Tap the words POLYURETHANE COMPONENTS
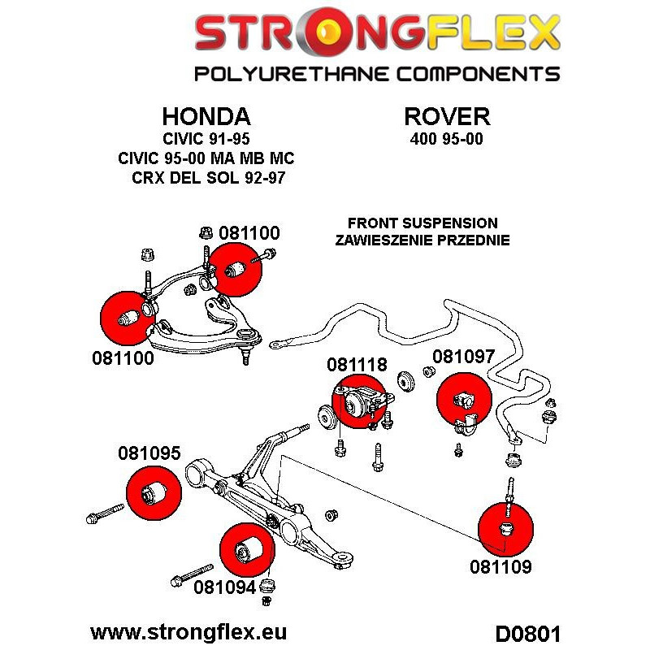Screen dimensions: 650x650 pos(376,74)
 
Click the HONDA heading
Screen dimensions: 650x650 pos(206,115)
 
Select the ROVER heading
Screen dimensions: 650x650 pos(447,115)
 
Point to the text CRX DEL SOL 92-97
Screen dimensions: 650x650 pos(210,176)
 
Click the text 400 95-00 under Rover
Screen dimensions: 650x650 pos(447,138)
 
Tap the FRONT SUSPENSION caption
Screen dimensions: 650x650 pos(422,223)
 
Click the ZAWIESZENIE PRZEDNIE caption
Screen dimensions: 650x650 pos(422,240)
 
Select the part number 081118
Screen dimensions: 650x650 pos(357,366)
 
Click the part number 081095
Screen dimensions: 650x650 pos(149,454)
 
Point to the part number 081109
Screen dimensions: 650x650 pos(500,566)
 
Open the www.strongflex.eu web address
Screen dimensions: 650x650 pos(189,632)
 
